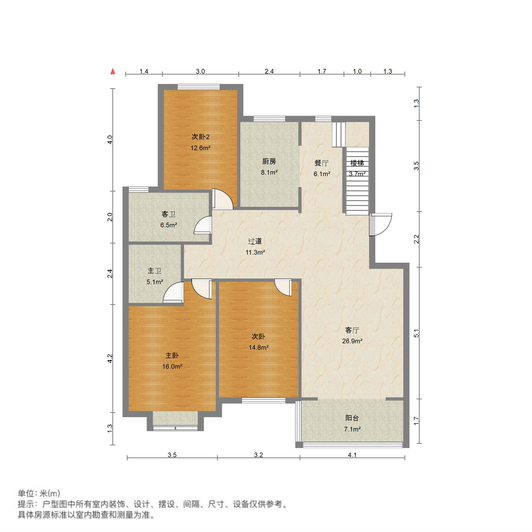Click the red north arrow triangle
(113, 71)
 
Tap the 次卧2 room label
(201, 137)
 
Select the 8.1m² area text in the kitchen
(269, 172)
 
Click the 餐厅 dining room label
(321, 163)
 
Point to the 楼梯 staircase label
(357, 163)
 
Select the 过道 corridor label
(255, 241)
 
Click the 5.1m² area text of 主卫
(155, 282)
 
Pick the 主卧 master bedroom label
(172, 356)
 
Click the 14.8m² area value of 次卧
(259, 347)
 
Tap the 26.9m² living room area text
(352, 341)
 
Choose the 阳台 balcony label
(352, 418)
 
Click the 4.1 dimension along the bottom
(352, 455)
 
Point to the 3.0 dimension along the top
(200, 71)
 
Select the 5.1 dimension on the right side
(416, 333)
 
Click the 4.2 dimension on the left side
(110, 358)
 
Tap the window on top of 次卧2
(199, 87)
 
